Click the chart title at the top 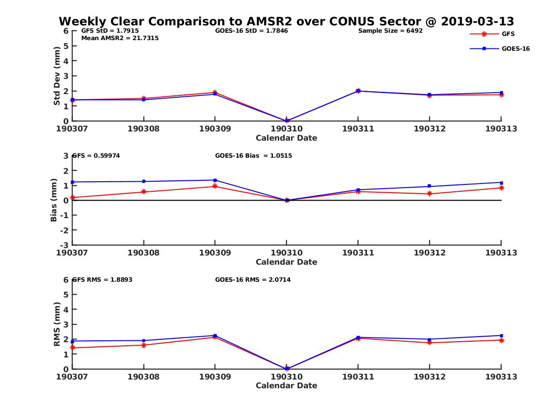[286, 22]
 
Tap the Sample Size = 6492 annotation [390, 31]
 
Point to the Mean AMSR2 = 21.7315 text [120, 38]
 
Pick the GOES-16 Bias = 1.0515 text [253, 156]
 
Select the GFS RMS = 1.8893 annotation [102, 279]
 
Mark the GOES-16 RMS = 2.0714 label [253, 279]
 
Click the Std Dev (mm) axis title [57, 76]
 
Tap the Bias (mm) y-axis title [54, 200]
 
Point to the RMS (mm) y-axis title [57, 324]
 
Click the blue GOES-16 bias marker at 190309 [215, 180]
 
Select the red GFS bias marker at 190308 [144, 192]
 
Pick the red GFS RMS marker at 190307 [72, 348]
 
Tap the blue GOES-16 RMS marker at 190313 [501, 336]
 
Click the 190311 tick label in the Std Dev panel [358, 129]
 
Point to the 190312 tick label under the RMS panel [429, 377]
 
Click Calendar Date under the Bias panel [286, 262]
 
